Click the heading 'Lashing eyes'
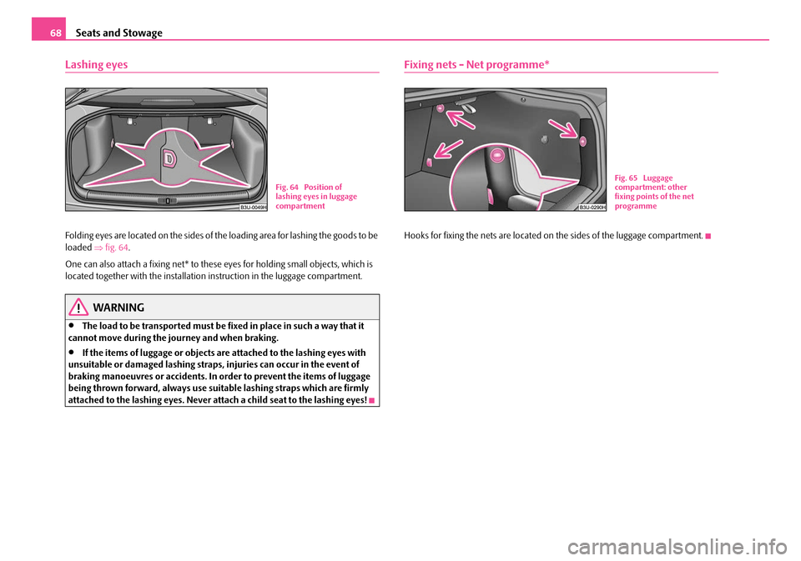(96, 64)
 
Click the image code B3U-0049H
(252, 207)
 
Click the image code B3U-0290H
(592, 207)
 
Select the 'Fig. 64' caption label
(285, 187)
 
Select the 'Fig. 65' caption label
(627, 178)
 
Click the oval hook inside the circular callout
(495, 155)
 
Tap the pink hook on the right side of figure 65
(583, 127)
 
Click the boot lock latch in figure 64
(169, 201)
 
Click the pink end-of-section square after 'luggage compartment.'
(706, 236)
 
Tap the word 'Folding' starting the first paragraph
(80, 236)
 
